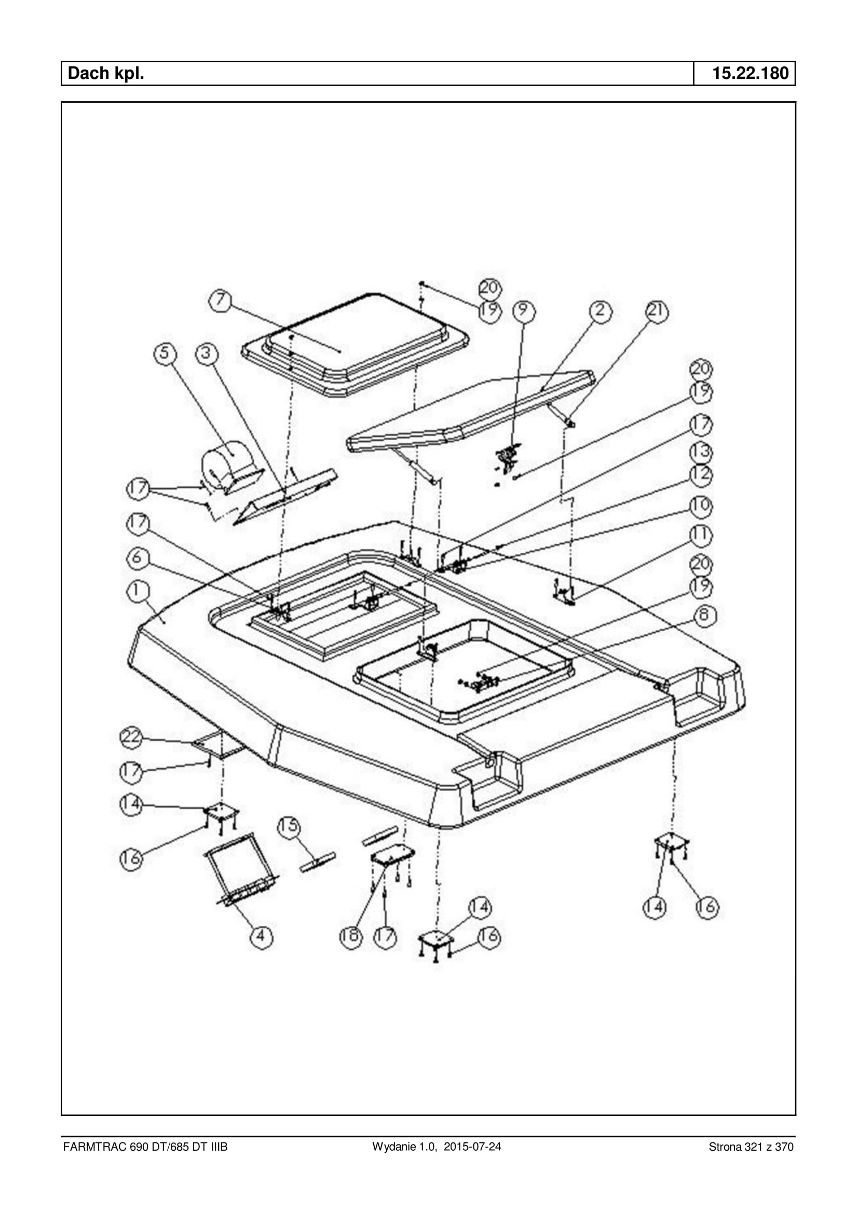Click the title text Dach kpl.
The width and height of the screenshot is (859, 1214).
tap(106, 73)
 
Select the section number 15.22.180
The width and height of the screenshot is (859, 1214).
tap(750, 73)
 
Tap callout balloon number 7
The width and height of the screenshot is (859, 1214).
tap(220, 301)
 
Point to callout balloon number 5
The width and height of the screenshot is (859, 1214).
tap(165, 353)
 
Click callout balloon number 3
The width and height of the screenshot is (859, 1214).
tap(206, 353)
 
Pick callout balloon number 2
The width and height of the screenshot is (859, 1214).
tap(600, 310)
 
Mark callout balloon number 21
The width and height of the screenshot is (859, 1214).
tap(657, 310)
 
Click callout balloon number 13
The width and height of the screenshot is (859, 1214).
tap(701, 452)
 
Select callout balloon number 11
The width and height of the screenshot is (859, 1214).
tap(701, 535)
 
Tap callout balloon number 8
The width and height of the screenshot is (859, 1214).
tap(704, 615)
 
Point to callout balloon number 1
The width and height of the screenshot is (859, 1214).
tap(137, 591)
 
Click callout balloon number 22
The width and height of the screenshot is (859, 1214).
tap(131, 737)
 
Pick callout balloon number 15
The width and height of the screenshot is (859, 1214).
tap(289, 826)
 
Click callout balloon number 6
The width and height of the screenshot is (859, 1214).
tap(137, 557)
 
